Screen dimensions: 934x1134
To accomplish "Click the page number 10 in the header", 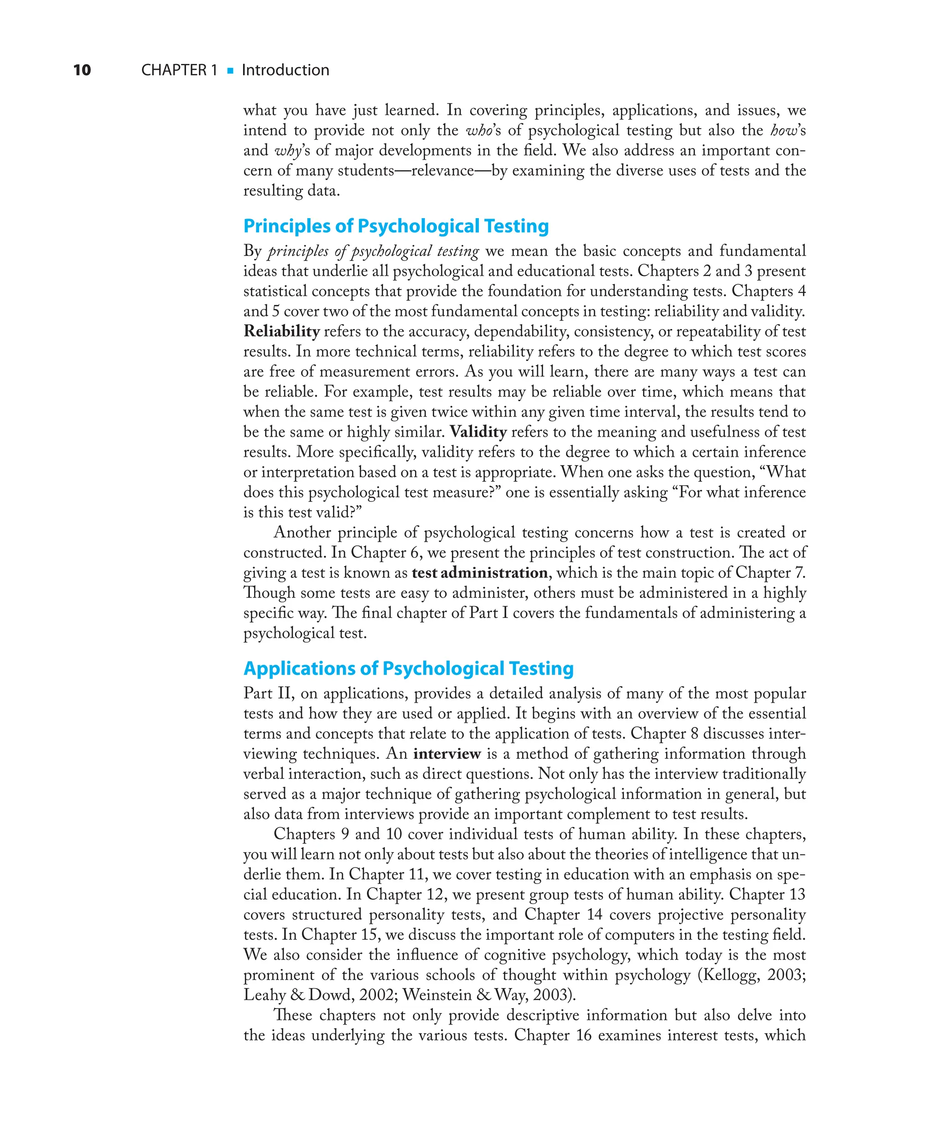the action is [x=82, y=70].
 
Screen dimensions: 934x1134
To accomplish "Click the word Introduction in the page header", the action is [x=285, y=70].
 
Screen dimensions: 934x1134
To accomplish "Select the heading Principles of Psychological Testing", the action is [x=395, y=226].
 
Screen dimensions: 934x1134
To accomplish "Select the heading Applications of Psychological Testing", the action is [x=408, y=669].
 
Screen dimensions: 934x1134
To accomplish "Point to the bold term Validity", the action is [x=478, y=432].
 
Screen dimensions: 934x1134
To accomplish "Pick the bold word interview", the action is [x=446, y=753].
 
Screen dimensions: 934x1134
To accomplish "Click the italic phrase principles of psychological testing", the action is [x=373, y=251].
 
